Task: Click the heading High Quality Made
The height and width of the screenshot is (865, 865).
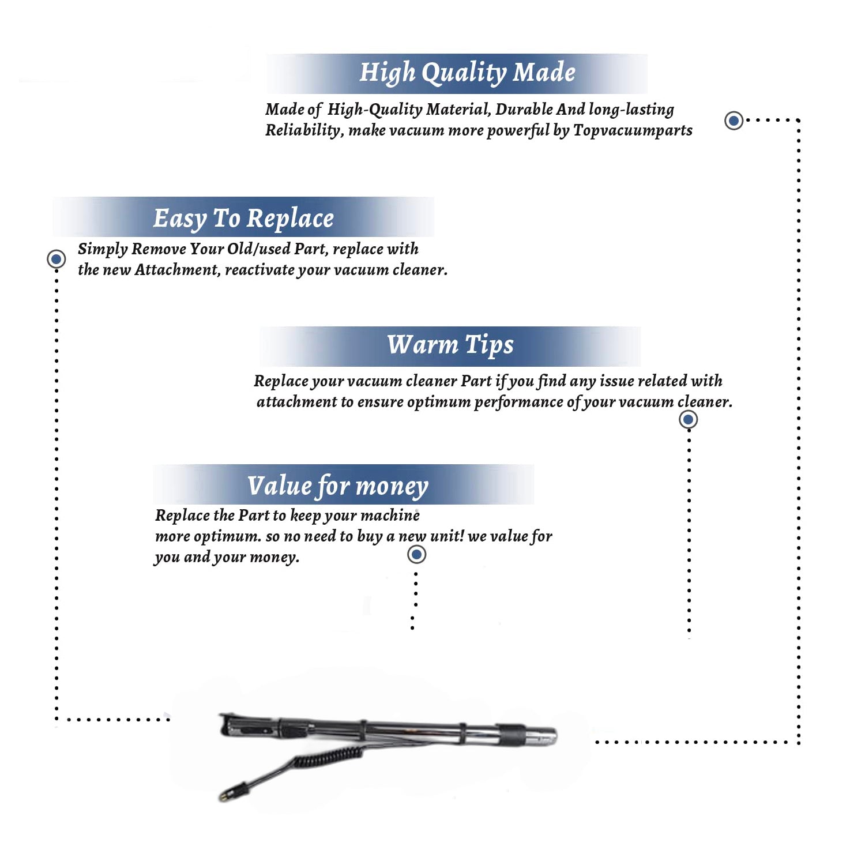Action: click(468, 73)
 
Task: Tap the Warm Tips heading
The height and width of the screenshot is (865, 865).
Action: click(450, 345)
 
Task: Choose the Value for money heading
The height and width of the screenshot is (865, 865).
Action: click(338, 486)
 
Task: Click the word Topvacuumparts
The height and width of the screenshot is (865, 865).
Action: click(633, 131)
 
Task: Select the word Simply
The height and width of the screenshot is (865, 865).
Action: click(103, 250)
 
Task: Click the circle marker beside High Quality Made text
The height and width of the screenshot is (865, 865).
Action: click(734, 121)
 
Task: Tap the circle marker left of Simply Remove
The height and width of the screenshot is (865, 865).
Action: click(57, 259)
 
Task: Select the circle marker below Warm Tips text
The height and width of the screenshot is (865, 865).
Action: click(689, 419)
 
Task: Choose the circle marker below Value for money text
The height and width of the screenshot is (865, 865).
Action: click(416, 555)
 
